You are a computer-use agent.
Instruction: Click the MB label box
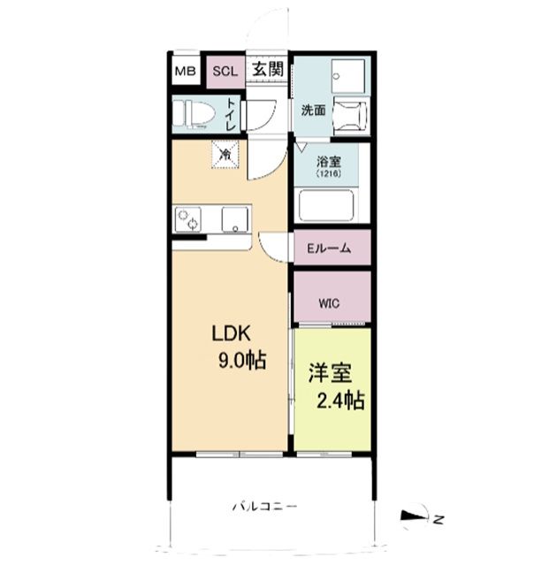184,70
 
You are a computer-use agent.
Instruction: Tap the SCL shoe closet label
223,70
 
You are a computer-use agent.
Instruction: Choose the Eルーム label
329,249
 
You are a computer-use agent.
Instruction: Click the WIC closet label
329,302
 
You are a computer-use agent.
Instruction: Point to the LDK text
232,334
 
